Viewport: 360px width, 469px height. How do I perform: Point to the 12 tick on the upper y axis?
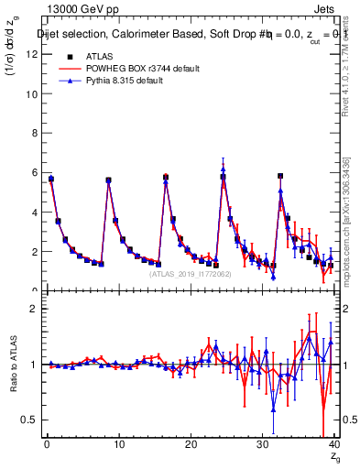point(35,54)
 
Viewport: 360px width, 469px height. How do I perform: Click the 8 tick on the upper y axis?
point(35,133)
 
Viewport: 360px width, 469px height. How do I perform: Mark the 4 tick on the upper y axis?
point(35,212)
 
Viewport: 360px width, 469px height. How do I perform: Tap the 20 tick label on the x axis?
point(191,446)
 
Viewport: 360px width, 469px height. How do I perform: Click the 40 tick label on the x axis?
point(334,446)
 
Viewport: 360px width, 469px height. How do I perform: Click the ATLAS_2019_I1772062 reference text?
point(191,274)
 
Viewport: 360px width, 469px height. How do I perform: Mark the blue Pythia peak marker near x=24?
point(223,169)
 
